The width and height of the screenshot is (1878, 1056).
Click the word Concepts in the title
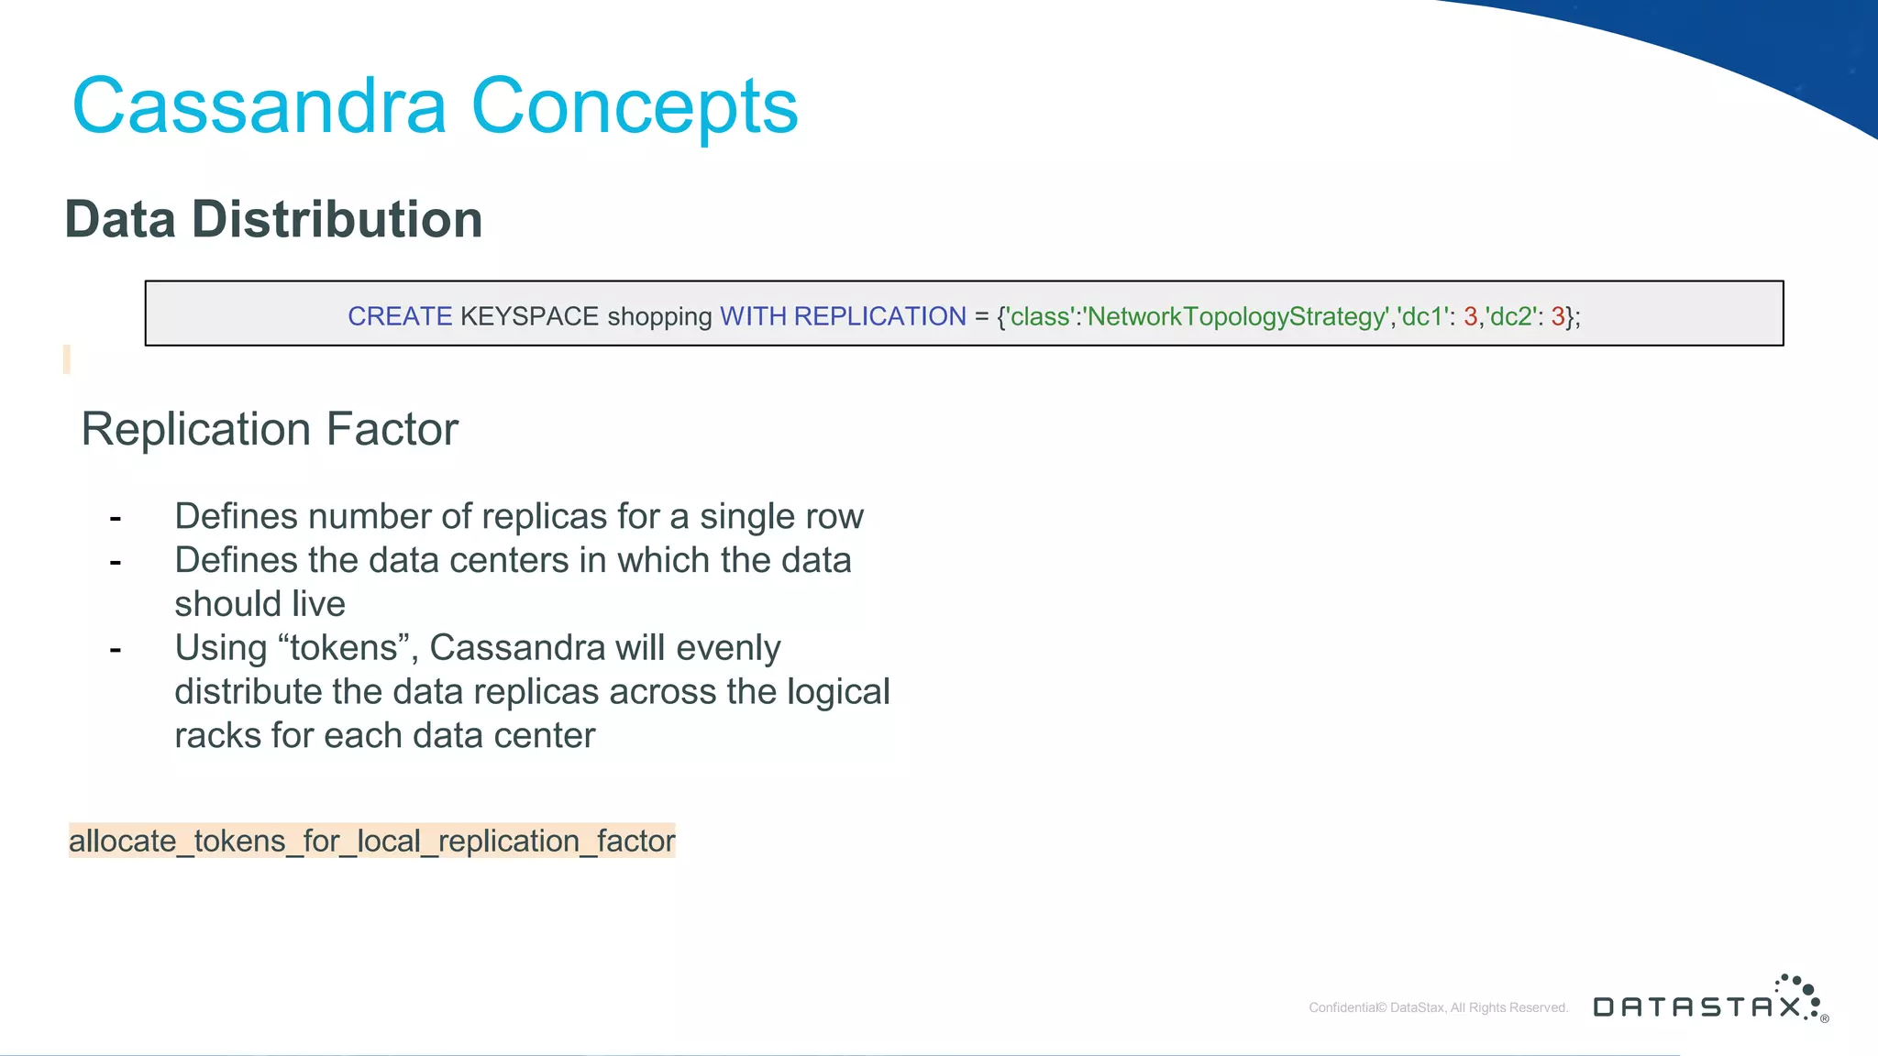635,106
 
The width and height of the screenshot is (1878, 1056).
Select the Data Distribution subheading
273,220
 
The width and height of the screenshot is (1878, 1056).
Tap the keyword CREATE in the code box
400,316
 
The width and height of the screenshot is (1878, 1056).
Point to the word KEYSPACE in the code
529,316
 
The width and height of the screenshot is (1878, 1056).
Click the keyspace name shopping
659,316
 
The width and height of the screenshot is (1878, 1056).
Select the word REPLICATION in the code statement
879,316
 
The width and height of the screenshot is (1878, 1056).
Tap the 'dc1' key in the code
1422,316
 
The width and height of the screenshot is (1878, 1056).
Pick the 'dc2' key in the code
1511,316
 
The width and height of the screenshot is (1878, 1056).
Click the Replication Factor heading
270,429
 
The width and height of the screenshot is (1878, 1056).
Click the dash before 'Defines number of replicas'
116,519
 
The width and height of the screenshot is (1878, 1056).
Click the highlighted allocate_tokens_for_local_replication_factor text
371,841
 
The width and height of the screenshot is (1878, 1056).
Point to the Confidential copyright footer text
1438,1007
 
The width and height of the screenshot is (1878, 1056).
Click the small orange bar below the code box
67,359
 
